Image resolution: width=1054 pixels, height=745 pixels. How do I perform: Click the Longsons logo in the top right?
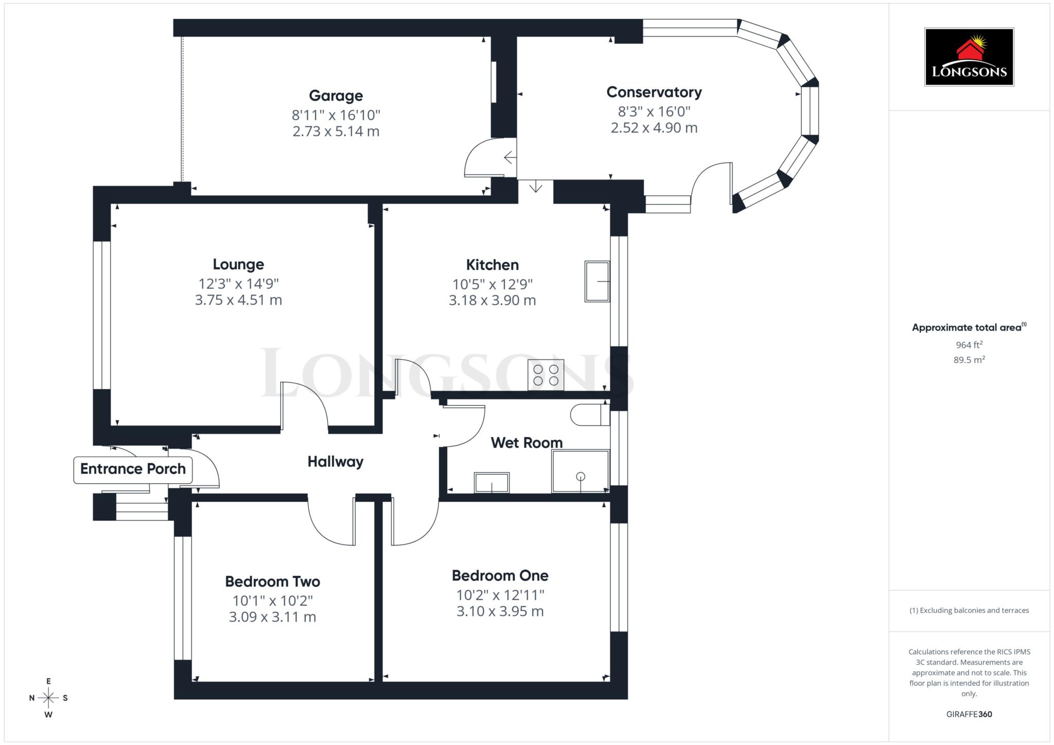coord(969,57)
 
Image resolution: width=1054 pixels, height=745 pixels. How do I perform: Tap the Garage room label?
coord(336,96)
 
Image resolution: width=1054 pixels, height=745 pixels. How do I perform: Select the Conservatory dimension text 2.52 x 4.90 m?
coord(654,128)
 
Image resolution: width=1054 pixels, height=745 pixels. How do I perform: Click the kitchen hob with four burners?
coord(546,375)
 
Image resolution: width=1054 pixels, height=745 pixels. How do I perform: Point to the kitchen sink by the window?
coord(597,281)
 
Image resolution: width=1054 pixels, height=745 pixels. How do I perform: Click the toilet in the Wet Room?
coord(589,414)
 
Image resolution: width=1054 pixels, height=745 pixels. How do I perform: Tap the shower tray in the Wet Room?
coord(580,471)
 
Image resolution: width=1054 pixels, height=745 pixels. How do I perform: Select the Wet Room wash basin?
coord(491,483)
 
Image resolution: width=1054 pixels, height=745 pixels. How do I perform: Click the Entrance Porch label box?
coord(133,469)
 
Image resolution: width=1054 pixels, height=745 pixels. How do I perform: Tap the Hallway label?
coord(335,462)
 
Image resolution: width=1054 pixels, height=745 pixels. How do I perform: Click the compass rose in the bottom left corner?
coord(48,698)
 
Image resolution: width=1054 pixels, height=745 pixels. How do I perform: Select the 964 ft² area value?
coord(969,345)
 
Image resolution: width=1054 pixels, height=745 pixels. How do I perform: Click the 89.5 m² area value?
coord(969,360)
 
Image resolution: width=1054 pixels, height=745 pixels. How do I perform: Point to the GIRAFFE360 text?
coord(969,714)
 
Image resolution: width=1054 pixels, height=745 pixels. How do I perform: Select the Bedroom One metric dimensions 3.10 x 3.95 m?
coord(500,611)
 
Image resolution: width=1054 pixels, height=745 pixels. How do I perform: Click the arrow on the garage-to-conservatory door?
coord(510,157)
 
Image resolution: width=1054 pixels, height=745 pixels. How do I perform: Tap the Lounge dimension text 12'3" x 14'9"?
coord(238,284)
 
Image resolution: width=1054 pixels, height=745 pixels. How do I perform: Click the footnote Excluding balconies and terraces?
coord(969,610)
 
